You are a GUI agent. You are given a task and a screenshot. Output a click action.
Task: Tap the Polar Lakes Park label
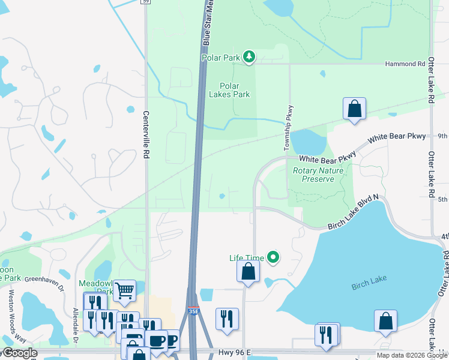tap(229, 90)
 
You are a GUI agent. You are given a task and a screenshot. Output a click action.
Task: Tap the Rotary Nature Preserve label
tap(318, 175)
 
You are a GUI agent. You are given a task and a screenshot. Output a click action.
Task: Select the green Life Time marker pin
tap(274, 258)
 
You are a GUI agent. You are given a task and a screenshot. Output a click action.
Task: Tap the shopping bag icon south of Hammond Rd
tap(355, 109)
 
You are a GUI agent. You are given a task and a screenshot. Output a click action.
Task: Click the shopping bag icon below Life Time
tap(248, 271)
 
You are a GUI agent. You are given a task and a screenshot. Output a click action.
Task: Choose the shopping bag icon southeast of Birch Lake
tap(385, 321)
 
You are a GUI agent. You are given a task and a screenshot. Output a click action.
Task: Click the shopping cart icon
tap(124, 290)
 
